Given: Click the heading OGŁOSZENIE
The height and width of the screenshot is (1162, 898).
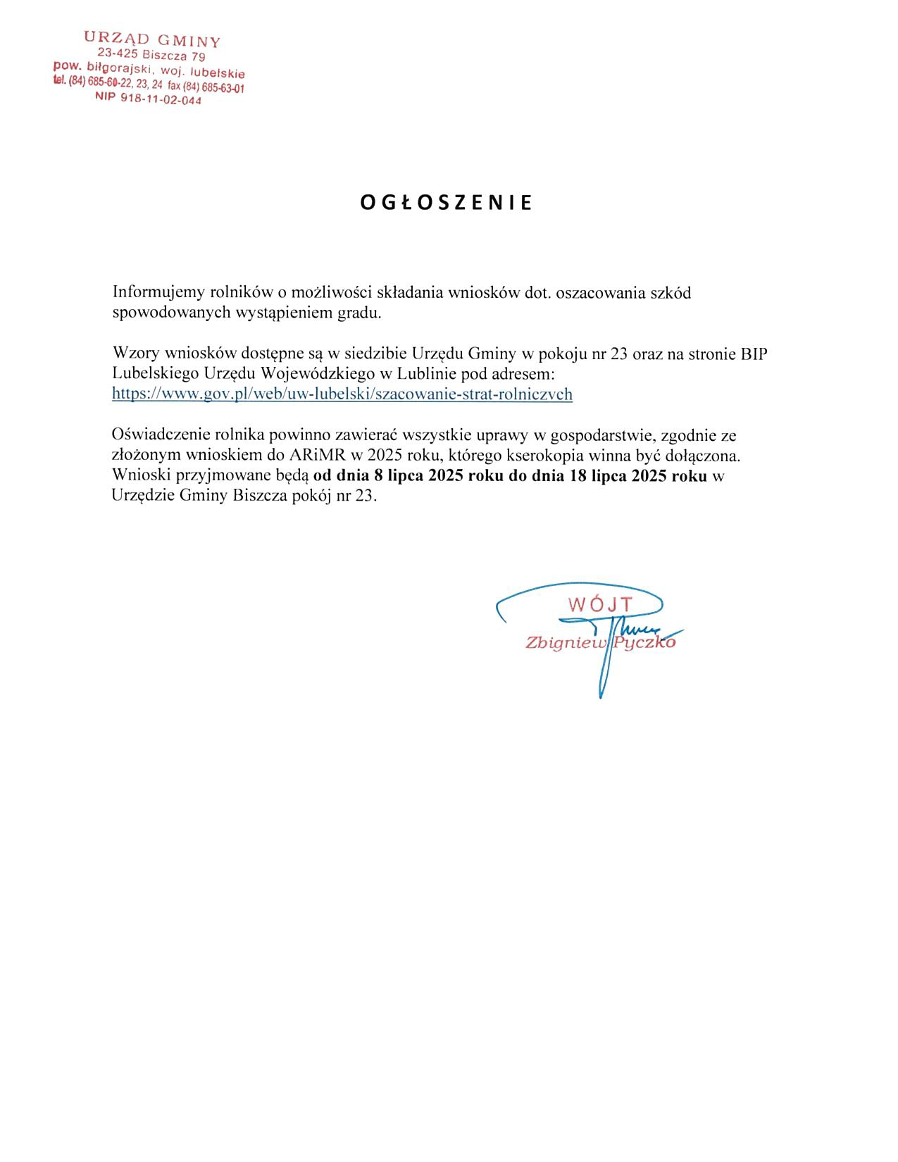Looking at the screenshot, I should [447, 203].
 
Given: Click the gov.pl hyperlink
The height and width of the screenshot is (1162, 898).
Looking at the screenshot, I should [342, 394].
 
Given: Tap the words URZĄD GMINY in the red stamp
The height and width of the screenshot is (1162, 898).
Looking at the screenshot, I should [152, 39].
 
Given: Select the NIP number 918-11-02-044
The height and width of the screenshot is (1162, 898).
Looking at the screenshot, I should [161, 100].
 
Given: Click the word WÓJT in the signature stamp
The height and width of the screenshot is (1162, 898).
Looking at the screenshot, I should [601, 604].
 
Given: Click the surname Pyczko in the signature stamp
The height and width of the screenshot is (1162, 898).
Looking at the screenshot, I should [644, 642].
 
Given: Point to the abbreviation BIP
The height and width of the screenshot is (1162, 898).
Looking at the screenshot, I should [752, 354].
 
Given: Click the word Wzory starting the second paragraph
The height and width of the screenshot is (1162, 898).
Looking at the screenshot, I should [135, 354].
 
